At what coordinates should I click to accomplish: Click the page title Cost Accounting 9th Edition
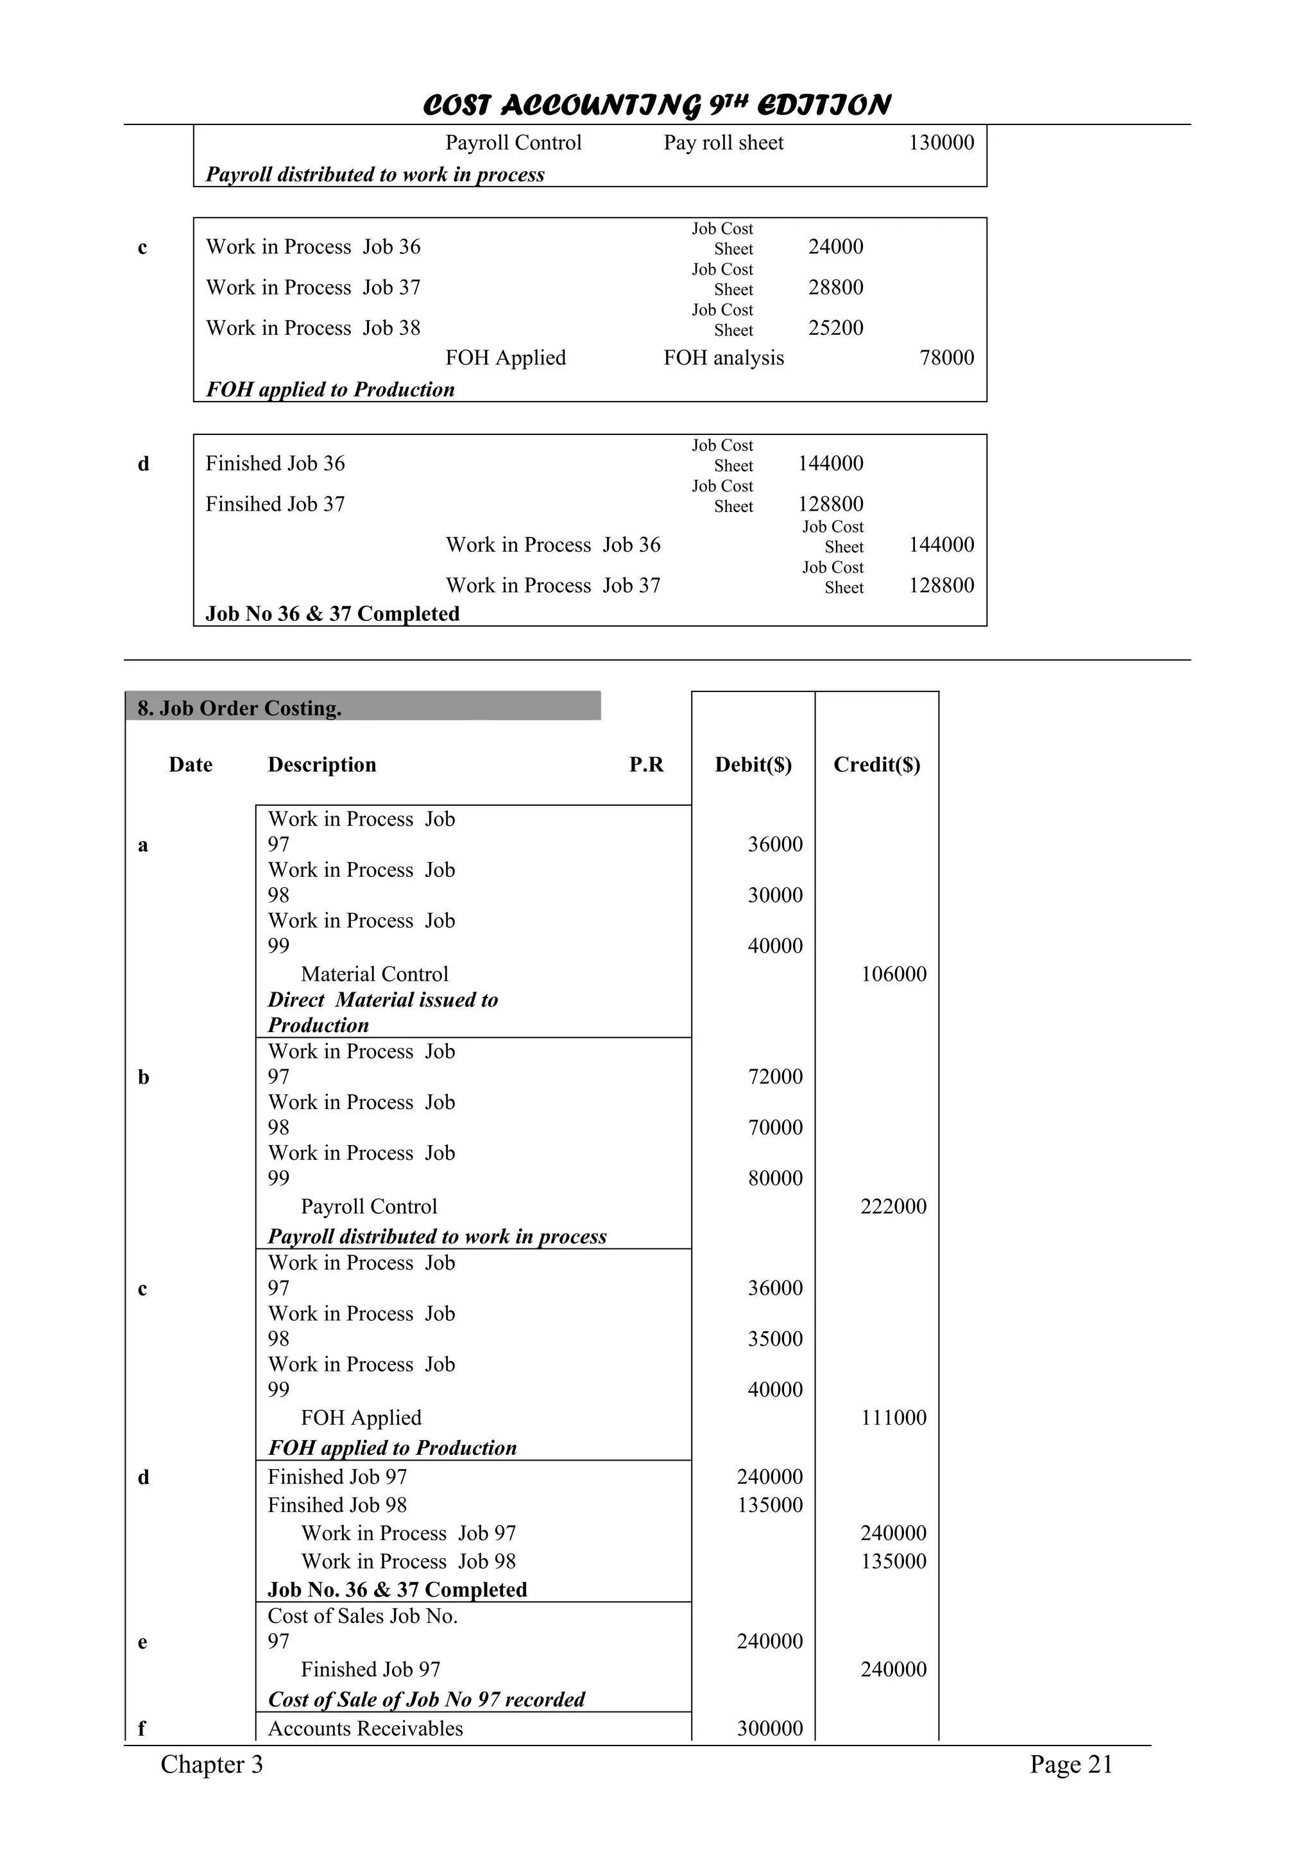656,105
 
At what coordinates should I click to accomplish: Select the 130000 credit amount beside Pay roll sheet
941,142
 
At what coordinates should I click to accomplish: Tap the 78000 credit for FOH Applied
946,358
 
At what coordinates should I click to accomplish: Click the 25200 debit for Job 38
835,328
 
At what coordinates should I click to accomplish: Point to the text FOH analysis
723,358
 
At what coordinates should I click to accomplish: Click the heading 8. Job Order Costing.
240,708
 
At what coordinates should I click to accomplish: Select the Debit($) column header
753,765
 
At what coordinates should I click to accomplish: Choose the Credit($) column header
877,765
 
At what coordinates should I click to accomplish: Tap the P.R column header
646,765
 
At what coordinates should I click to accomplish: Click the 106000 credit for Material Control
893,974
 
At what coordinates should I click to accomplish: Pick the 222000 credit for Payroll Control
893,1207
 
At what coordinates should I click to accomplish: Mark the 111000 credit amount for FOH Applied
893,1418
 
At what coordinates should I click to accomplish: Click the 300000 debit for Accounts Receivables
769,1729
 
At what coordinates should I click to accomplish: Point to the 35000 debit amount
775,1338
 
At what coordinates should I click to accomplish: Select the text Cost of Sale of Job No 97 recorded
426,1699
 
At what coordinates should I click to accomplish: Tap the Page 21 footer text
1071,1764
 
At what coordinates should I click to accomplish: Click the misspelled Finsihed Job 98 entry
337,1505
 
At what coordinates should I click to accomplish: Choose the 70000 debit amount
775,1127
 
